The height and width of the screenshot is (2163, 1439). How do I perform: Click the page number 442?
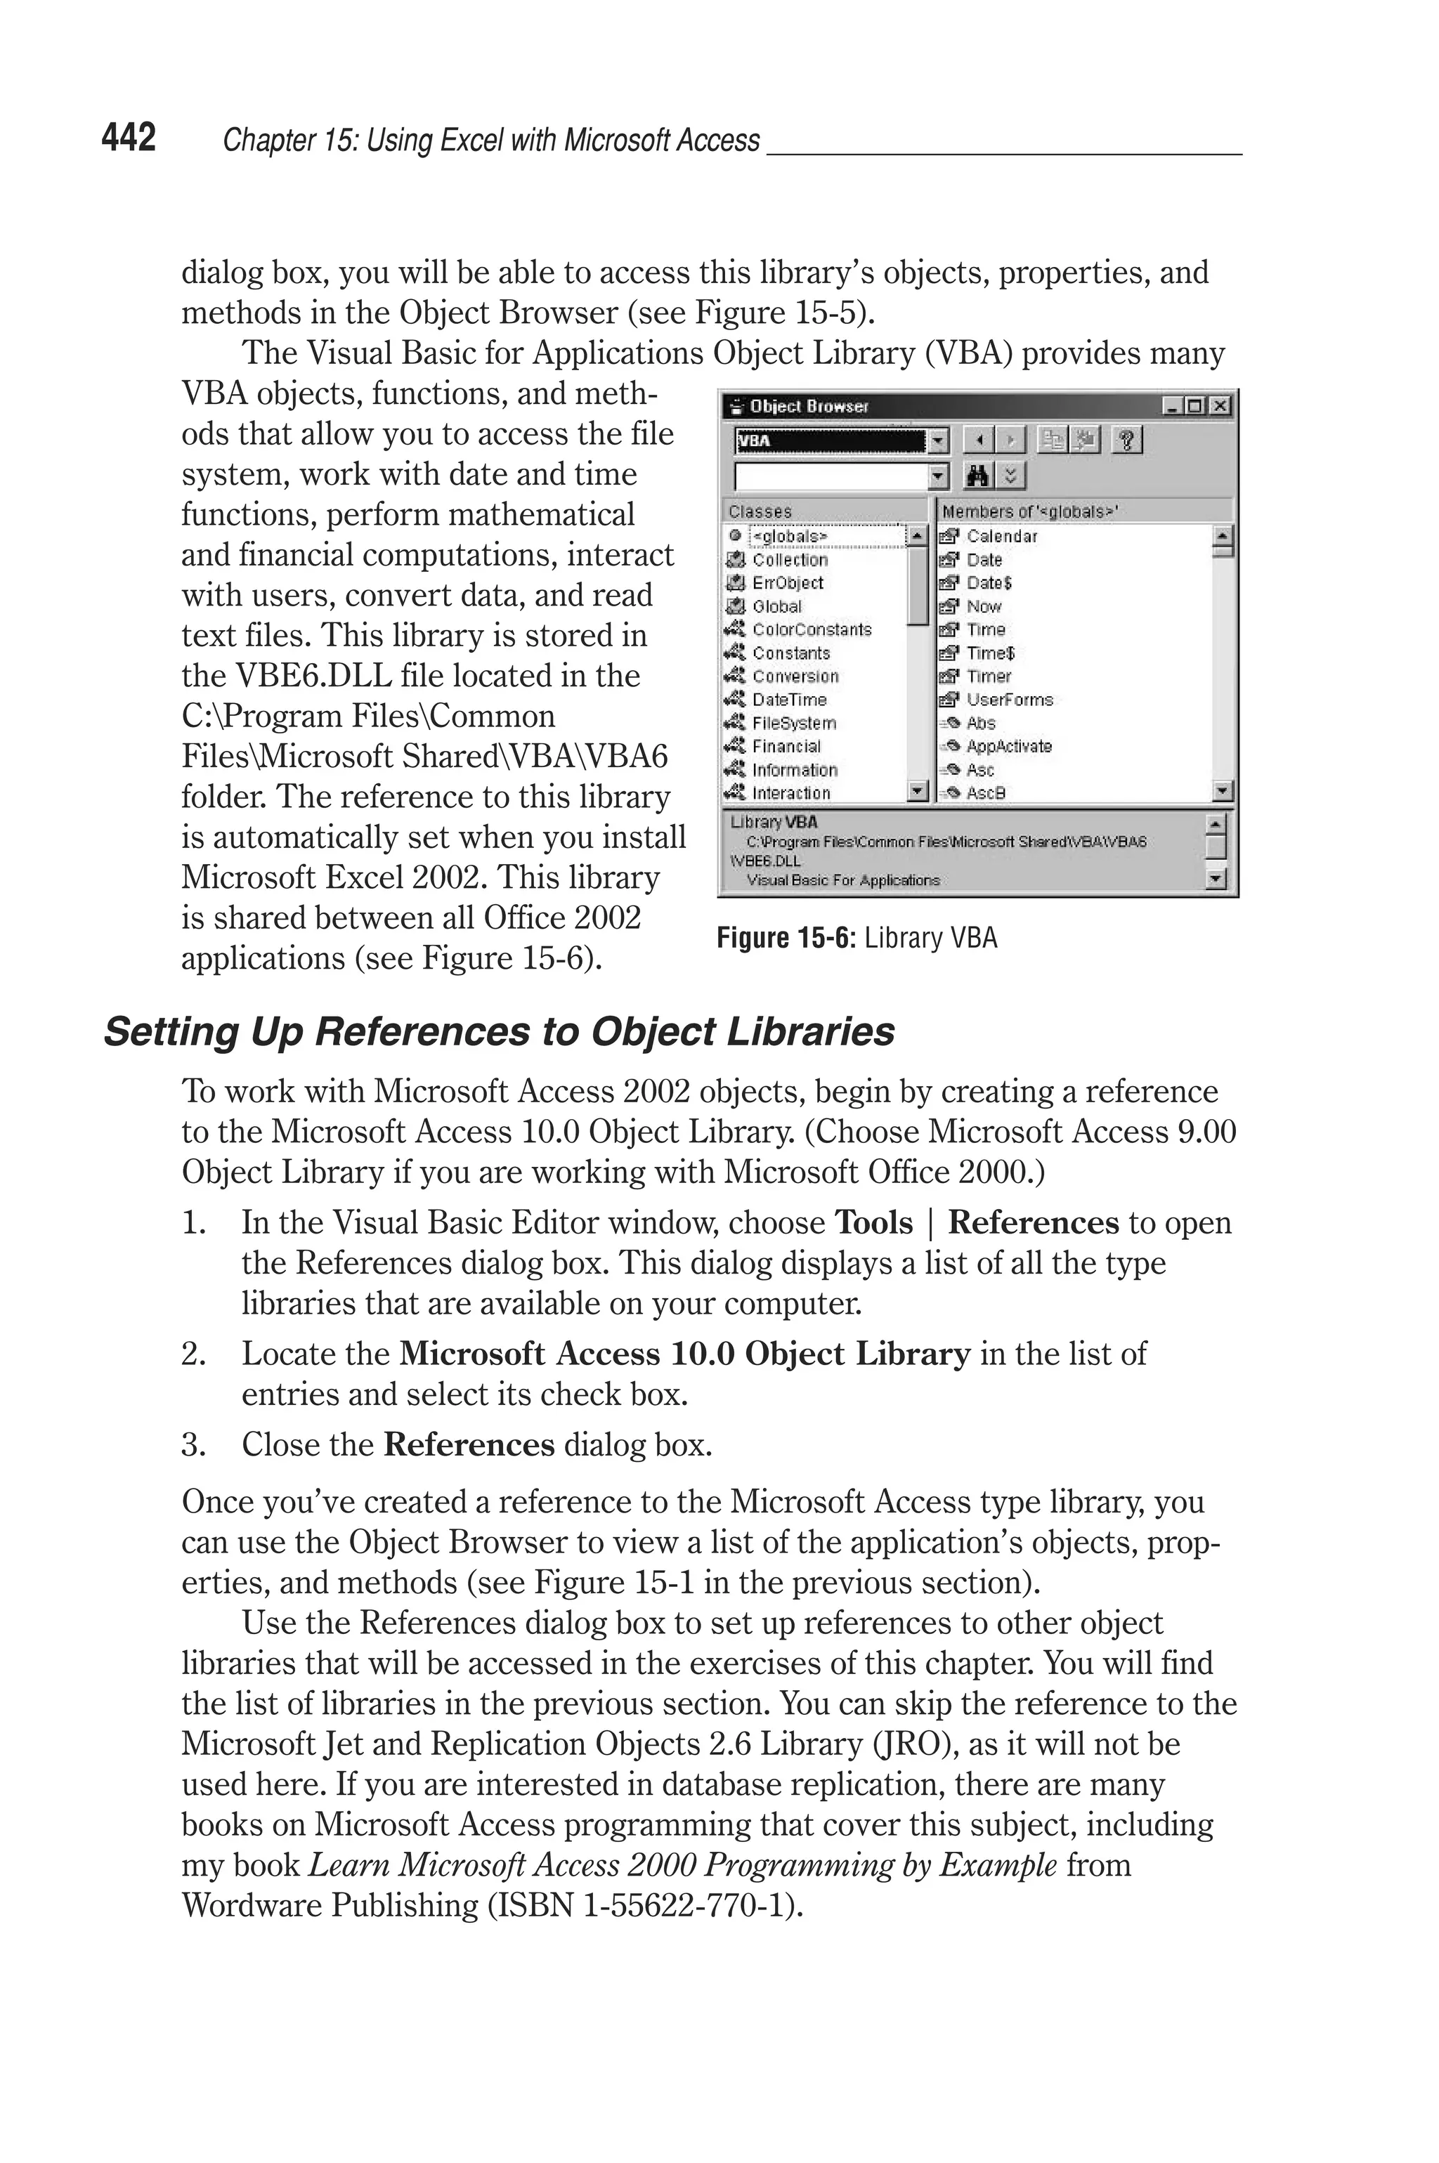click(x=129, y=138)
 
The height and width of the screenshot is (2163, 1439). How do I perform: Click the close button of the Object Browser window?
click(x=1220, y=406)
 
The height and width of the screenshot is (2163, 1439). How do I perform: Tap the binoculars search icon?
click(x=978, y=475)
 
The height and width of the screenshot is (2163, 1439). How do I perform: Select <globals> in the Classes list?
click(x=789, y=536)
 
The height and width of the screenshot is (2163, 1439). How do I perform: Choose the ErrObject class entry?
click(x=788, y=582)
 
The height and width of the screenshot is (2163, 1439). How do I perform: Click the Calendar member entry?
click(x=1001, y=536)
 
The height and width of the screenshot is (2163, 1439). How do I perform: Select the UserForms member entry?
click(x=1008, y=699)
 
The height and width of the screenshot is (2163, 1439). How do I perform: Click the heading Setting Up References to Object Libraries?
click(x=498, y=1031)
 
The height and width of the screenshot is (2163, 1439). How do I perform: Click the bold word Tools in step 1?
click(x=873, y=1223)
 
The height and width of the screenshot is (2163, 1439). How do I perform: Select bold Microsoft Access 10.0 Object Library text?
click(x=684, y=1354)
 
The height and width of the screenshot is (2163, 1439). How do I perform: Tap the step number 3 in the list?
click(x=192, y=1445)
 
